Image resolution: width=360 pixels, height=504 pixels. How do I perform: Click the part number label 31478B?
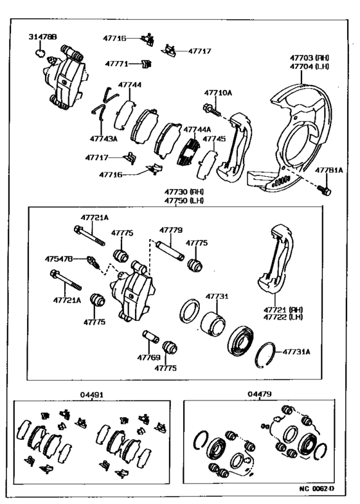click(x=43, y=38)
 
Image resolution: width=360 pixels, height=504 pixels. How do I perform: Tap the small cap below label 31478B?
click(x=39, y=54)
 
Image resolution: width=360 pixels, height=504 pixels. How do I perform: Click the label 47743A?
click(x=104, y=138)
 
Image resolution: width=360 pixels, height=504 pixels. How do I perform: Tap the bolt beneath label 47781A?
click(x=325, y=190)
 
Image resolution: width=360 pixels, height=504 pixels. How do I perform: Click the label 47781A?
click(x=330, y=170)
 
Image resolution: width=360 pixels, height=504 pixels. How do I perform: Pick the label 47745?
click(x=214, y=138)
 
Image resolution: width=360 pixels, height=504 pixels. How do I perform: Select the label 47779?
click(x=171, y=230)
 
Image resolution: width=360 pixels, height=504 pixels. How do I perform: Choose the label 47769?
click(x=148, y=357)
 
